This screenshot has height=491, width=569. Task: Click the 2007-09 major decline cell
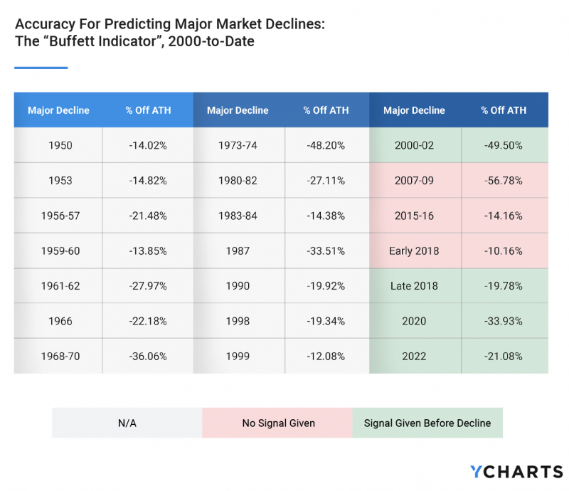(x=414, y=181)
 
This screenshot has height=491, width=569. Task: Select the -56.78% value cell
(x=504, y=181)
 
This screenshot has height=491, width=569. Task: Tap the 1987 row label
(x=238, y=250)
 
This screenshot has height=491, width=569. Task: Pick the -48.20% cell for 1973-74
(x=326, y=145)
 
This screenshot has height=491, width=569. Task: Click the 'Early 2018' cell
(x=414, y=250)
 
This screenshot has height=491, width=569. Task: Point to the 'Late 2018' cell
(x=414, y=286)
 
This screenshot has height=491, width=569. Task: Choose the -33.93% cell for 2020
(x=504, y=321)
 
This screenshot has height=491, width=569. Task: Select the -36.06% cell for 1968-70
(x=148, y=356)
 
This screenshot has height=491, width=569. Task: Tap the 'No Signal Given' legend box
(x=277, y=423)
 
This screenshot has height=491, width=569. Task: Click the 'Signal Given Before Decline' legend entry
(x=427, y=423)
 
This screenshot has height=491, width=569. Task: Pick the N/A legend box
(x=127, y=423)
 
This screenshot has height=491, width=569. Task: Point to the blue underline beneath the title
(x=41, y=68)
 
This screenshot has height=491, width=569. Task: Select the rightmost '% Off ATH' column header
(x=504, y=110)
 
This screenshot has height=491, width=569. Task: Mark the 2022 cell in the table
(x=414, y=356)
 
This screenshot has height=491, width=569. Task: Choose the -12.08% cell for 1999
(x=326, y=356)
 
